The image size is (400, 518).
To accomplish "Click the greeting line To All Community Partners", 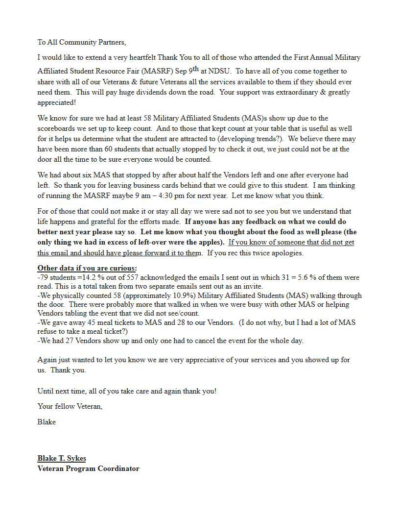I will (78, 43).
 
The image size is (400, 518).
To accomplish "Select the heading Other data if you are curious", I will (87, 268).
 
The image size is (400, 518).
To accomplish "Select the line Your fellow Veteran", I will (70, 406).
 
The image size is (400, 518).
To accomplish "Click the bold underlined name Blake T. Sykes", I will (62, 458).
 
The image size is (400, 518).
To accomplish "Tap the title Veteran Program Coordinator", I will (88, 469).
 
